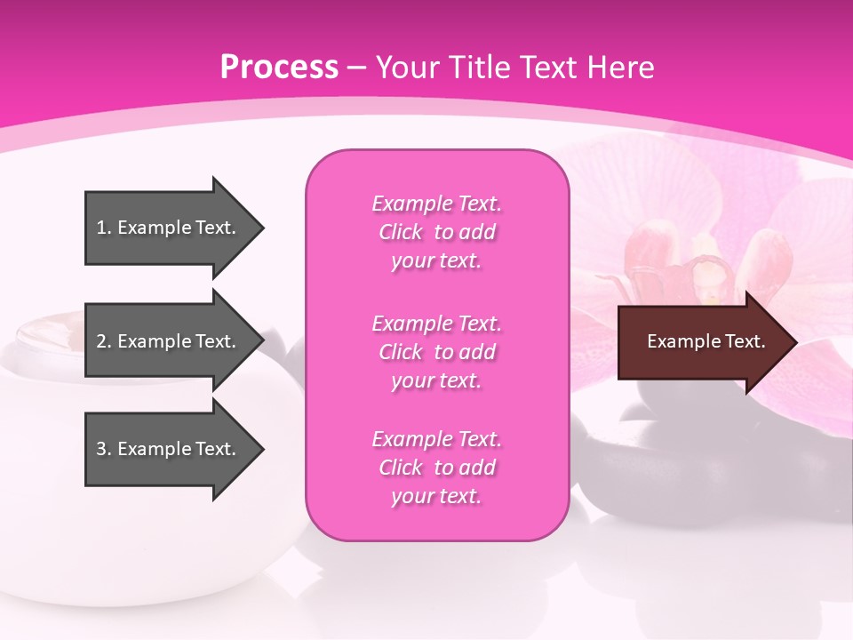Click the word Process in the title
click(279, 68)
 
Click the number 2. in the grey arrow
click(103, 341)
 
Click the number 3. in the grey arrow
click(103, 449)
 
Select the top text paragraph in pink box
click(436, 232)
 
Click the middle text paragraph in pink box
click(436, 352)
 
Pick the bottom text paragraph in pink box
click(436, 468)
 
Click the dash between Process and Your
click(357, 68)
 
